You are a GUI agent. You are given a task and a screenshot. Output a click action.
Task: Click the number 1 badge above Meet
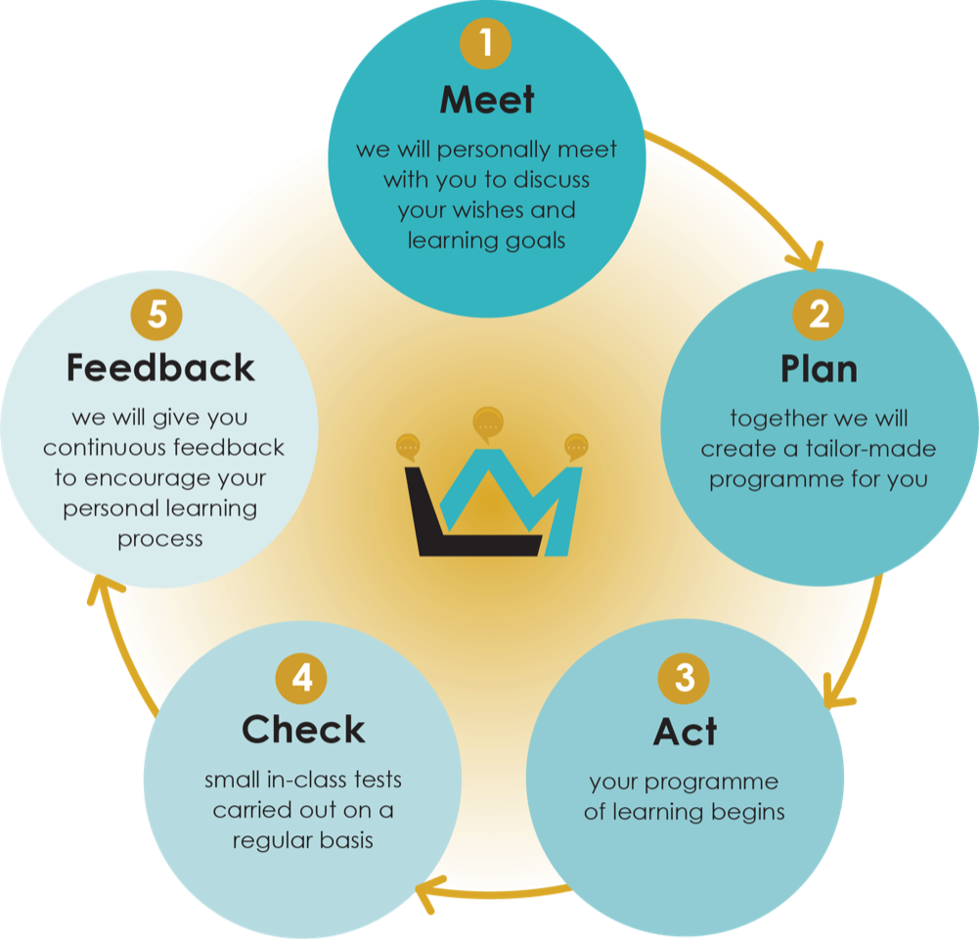[x=487, y=44]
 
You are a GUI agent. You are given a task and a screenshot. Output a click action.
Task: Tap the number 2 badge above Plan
[x=819, y=314]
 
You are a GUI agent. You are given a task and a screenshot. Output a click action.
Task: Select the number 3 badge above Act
[x=684, y=677]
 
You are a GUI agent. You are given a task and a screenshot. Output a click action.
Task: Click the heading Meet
[x=487, y=100]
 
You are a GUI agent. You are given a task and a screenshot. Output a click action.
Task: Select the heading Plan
[x=819, y=370]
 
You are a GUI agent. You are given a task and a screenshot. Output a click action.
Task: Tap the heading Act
[x=685, y=732]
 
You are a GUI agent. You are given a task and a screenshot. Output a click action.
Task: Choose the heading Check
[x=303, y=731]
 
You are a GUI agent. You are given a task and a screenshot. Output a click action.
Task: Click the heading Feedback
[x=160, y=369]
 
